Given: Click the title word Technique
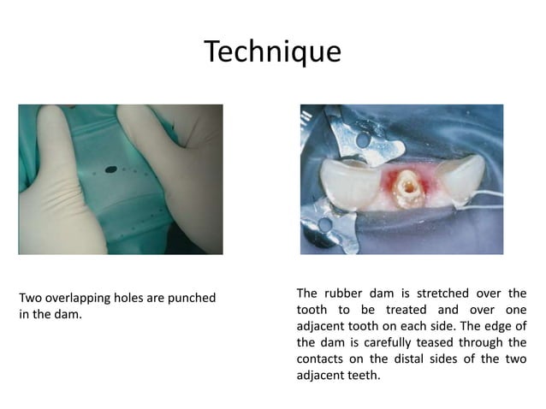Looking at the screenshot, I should (273, 51).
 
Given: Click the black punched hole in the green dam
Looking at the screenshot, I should (110, 169).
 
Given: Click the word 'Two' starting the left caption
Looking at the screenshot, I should (31, 298).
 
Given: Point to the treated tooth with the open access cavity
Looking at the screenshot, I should (408, 191).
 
